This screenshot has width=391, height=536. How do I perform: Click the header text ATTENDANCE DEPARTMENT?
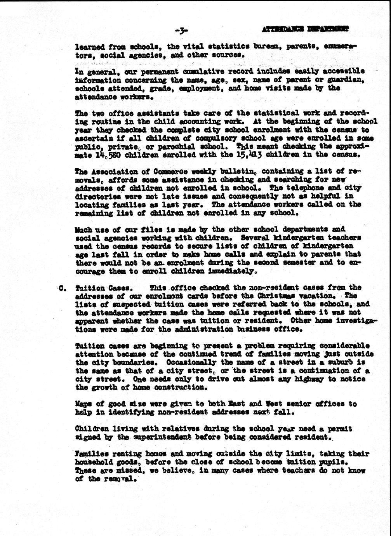pos(305,28)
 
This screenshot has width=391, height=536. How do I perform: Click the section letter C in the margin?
pos(62,288)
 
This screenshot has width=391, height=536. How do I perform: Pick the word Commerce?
pos(167,172)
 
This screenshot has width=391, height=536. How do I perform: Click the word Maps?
pos(83,404)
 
